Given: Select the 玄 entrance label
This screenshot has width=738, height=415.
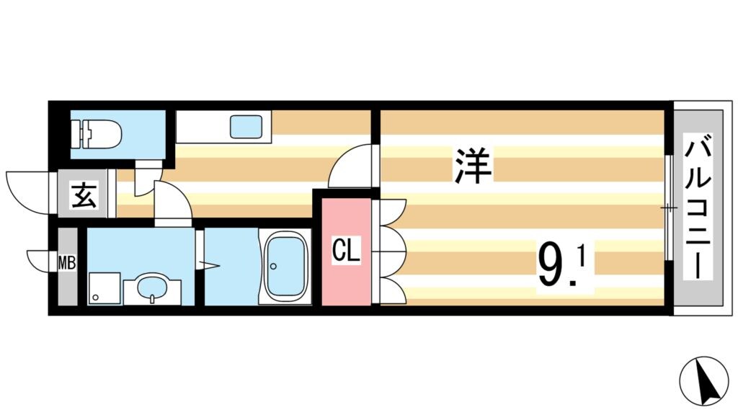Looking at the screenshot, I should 84,195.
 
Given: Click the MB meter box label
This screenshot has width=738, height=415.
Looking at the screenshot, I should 67,264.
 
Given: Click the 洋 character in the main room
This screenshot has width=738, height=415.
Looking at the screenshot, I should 472,165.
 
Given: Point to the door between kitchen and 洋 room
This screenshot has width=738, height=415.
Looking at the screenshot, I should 352,166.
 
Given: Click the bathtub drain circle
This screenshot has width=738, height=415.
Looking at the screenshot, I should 273,267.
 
